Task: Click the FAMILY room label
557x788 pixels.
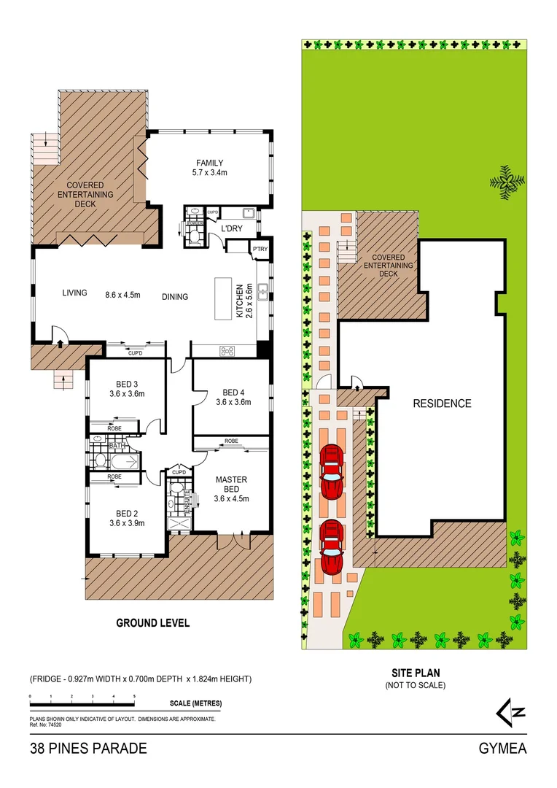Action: tap(209, 163)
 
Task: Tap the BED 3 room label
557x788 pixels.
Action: tap(127, 384)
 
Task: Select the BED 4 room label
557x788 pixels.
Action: tap(233, 391)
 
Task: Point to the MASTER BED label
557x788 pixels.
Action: tap(231, 484)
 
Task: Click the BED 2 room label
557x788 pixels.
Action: tap(127, 512)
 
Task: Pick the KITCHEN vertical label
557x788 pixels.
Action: tap(238, 301)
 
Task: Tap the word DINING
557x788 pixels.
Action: tap(175, 297)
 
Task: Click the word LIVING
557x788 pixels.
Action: tap(74, 293)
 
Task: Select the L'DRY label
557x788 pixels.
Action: tap(231, 229)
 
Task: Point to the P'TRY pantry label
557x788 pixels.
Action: tap(260, 250)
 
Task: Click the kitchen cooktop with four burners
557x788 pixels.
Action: tap(227, 351)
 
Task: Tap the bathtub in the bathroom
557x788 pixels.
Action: tap(117, 461)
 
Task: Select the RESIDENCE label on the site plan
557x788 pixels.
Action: tap(442, 403)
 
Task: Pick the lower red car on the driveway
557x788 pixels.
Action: tap(332, 547)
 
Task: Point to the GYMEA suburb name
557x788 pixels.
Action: tap(502, 749)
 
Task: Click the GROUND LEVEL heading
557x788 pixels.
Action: tap(153, 623)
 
